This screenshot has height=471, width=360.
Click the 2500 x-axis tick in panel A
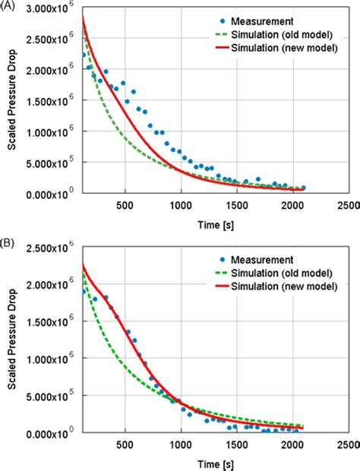pos(348,205)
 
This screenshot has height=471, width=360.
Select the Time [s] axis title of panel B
pos(215,463)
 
